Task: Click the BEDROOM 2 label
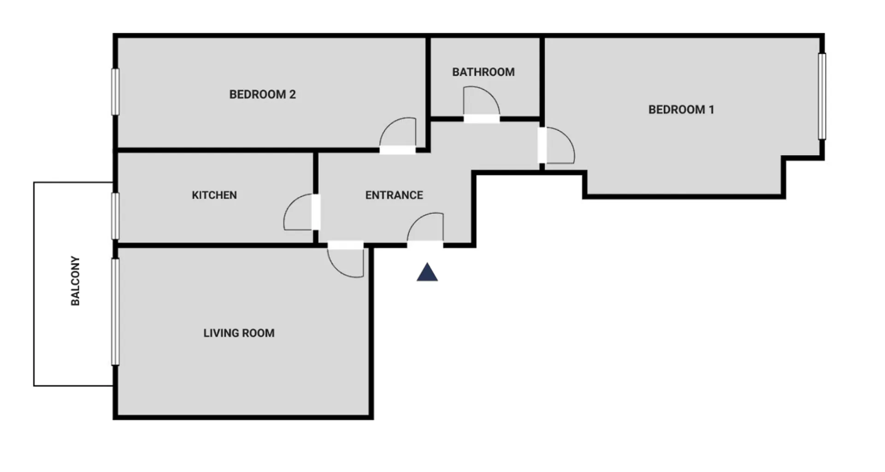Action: (x=262, y=94)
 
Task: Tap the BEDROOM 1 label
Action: (x=681, y=110)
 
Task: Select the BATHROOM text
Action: (x=483, y=72)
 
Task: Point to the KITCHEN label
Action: (x=214, y=195)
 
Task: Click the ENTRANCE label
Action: (x=394, y=195)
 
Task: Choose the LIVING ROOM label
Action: (x=239, y=333)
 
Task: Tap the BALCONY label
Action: (x=75, y=281)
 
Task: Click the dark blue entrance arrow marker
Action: (x=427, y=272)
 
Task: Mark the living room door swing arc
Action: (x=336, y=269)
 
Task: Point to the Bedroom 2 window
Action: (x=116, y=92)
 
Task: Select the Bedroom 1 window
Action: (x=822, y=96)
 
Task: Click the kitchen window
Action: (x=116, y=216)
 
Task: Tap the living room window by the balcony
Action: (x=116, y=312)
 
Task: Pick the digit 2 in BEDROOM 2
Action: (x=292, y=94)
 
